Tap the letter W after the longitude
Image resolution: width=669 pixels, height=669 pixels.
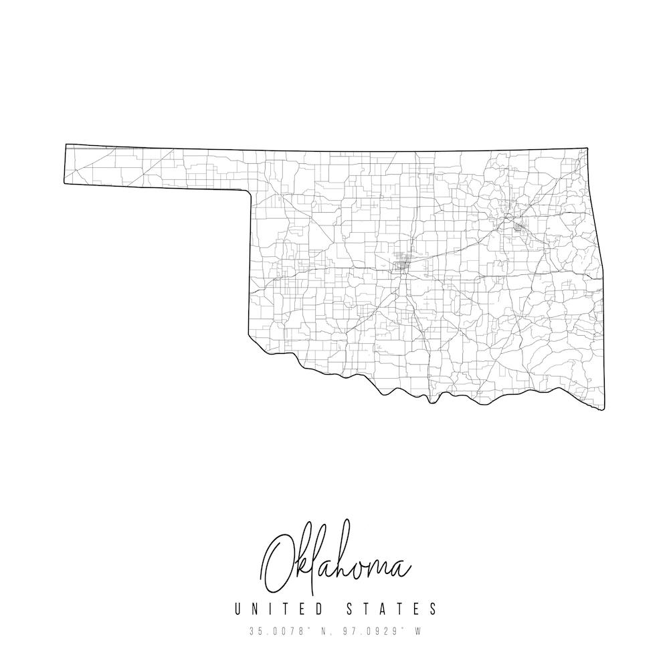[x=417, y=631]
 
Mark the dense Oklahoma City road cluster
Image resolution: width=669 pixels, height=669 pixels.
[x=402, y=265]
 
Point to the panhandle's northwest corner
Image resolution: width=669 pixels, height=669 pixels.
[x=66, y=145]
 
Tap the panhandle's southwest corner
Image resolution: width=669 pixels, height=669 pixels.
[x=64, y=181]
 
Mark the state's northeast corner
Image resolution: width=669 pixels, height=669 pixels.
[x=587, y=149]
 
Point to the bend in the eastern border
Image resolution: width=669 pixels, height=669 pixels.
[x=602, y=268]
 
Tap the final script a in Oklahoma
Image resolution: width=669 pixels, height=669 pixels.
[x=401, y=569]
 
